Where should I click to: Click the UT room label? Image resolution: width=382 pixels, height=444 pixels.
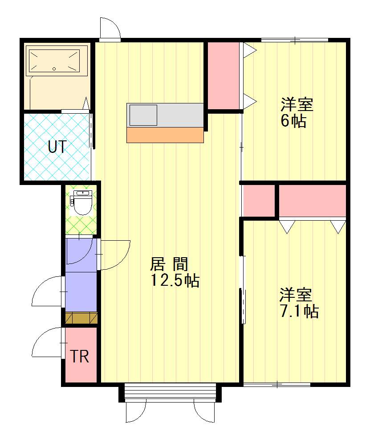click(x=57, y=147)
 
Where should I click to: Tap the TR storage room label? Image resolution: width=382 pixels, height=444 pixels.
click(x=80, y=357)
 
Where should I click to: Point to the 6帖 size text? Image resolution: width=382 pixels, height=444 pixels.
click(x=293, y=121)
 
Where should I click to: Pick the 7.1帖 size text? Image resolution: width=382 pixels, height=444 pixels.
click(x=299, y=311)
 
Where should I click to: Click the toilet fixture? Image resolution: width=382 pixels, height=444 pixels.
click(x=82, y=203)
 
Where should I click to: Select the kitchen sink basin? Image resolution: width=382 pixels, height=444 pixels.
click(x=143, y=115)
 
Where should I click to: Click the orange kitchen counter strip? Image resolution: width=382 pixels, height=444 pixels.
click(x=165, y=135)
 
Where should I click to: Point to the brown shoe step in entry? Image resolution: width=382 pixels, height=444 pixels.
click(x=81, y=318)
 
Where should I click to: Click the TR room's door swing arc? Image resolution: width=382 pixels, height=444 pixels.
click(x=47, y=342)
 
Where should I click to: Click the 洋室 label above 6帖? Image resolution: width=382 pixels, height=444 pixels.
click(x=297, y=105)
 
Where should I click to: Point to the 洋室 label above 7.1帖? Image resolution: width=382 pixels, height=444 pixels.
click(x=296, y=295)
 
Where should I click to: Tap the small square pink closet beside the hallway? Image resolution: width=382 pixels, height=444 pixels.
click(x=258, y=200)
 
